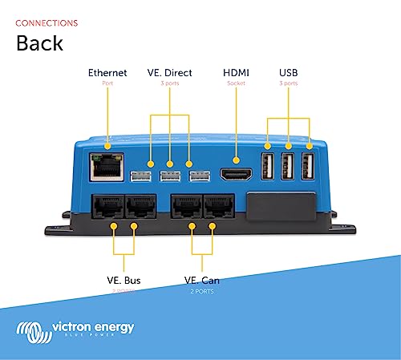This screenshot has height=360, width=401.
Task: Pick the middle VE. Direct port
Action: [x=170, y=176]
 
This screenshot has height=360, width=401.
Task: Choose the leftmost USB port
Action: [x=268, y=167]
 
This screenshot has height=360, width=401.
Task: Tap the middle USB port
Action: [x=287, y=167]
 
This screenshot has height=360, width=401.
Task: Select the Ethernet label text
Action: [x=107, y=73]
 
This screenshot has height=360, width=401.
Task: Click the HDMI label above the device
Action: [x=237, y=73]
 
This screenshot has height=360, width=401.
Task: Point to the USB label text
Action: [x=287, y=73]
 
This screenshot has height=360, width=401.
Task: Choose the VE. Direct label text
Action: [x=170, y=73]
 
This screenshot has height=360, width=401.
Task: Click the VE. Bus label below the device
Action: [x=125, y=281]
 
